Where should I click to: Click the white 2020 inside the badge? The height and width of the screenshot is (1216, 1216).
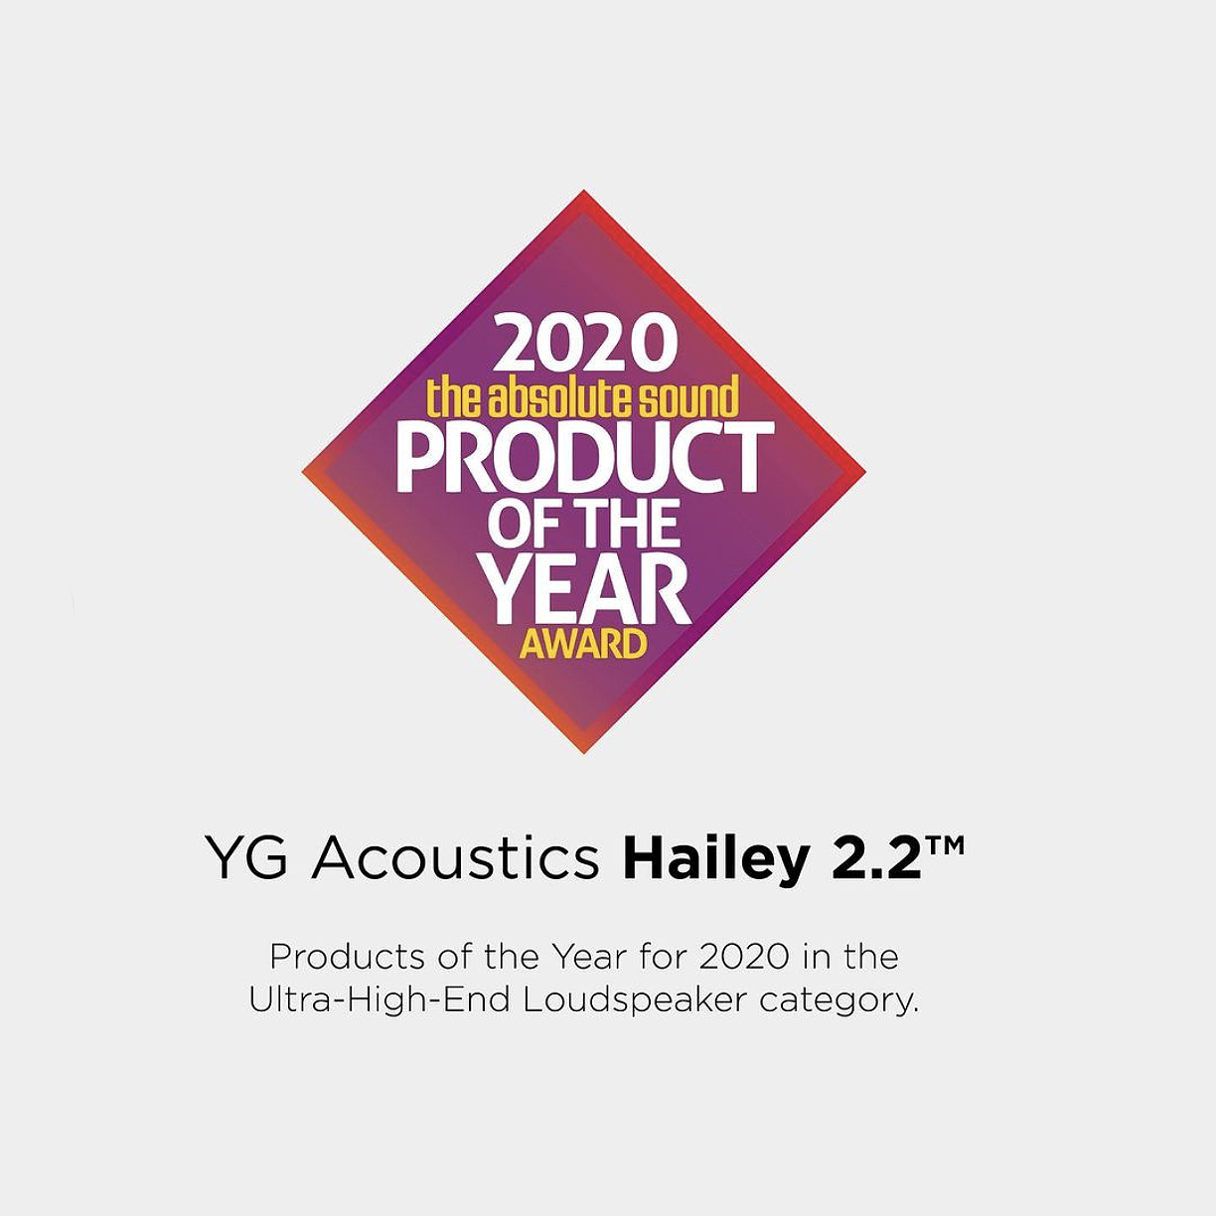[585, 345]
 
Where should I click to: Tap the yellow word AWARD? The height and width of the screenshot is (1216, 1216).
[583, 645]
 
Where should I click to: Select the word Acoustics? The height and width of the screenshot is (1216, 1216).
[455, 858]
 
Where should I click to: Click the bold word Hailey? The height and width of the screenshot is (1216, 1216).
[715, 861]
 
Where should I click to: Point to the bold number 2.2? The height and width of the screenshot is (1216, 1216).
[876, 859]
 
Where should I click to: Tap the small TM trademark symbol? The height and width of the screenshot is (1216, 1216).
[946, 845]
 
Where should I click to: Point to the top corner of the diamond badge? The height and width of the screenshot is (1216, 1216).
[584, 190]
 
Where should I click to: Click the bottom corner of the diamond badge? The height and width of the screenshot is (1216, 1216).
[584, 753]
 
